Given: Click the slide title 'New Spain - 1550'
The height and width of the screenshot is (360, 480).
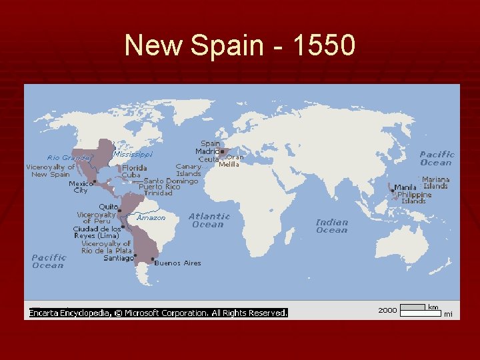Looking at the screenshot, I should click(240, 45).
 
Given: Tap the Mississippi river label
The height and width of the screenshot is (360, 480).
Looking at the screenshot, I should click(133, 154).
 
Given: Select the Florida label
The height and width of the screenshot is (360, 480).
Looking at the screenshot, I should click(134, 168).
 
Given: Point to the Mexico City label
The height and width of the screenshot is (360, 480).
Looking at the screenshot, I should click(81, 187).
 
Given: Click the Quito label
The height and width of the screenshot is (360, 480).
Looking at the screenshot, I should click(109, 207).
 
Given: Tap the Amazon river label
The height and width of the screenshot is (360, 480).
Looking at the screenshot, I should click(151, 217).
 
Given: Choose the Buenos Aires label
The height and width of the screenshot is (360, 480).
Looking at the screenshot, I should click(178, 263).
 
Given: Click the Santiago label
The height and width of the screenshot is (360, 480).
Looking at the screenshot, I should click(119, 258).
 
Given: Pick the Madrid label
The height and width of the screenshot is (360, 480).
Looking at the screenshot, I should click(207, 151).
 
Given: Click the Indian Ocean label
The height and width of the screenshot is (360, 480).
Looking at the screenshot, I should click(331, 226).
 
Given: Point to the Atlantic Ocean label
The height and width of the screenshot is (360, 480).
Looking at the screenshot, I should click(209, 220).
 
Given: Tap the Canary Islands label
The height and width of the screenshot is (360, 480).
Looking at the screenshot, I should click(189, 170).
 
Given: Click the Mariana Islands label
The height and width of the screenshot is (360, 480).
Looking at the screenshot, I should click(436, 183).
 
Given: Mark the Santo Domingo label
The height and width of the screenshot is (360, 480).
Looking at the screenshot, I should click(171, 181).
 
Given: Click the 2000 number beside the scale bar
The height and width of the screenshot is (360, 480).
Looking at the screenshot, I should click(387, 310).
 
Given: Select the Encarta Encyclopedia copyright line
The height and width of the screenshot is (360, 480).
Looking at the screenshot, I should click(157, 312).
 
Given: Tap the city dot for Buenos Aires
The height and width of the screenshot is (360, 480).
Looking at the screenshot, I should click(153, 259).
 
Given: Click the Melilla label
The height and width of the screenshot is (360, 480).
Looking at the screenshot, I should click(229, 165).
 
